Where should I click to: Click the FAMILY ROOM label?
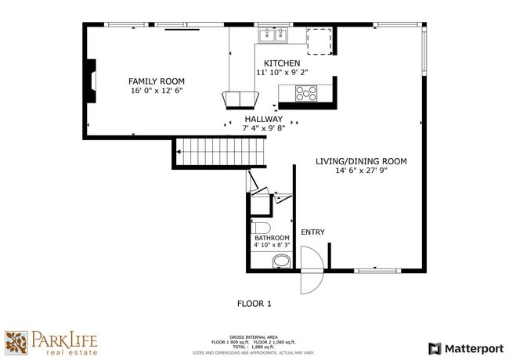tap(157, 81)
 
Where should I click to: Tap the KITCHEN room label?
tap(282, 63)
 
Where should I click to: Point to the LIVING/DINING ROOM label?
tap(361, 161)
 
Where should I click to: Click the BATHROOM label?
tap(272, 237)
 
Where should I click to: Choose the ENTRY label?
tap(312, 232)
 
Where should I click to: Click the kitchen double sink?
tap(274, 34)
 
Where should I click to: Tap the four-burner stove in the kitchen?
tap(306, 93)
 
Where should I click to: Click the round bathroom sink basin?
tap(280, 261)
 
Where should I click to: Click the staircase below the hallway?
tap(221, 151)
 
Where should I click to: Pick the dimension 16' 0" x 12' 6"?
tap(157, 91)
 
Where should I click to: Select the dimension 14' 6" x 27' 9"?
tap(361, 171)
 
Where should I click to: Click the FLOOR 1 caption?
tap(254, 302)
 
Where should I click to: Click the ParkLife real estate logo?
tap(52, 343)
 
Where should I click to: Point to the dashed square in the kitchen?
tap(319, 41)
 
